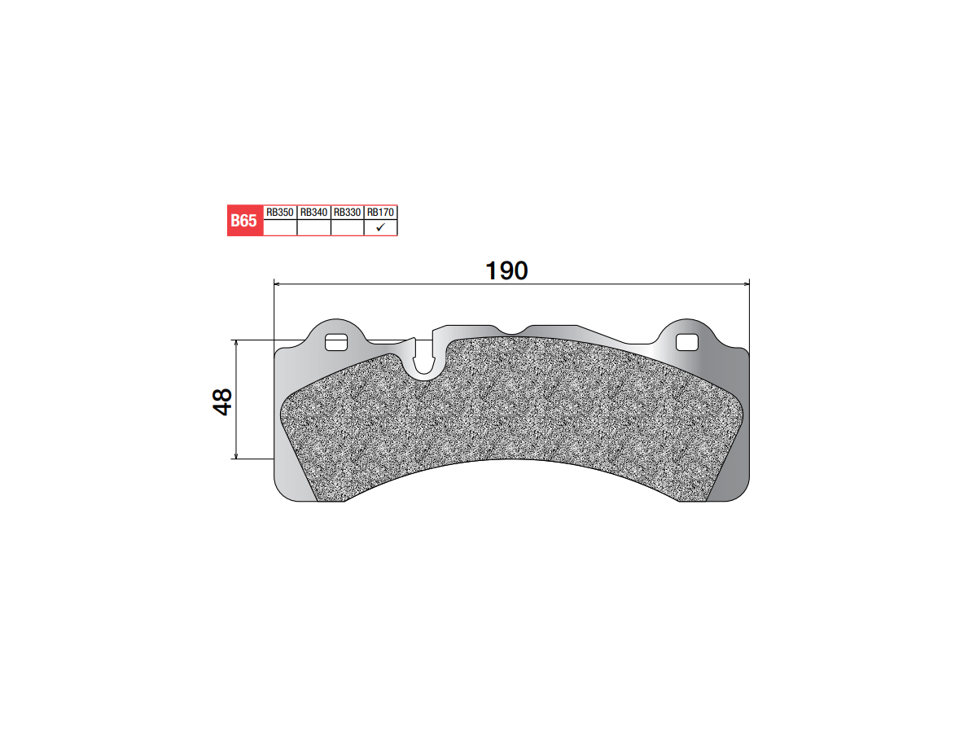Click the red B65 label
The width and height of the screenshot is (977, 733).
(x=245, y=220)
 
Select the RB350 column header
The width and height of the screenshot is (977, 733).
(x=280, y=213)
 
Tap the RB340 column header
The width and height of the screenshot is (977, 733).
(x=313, y=213)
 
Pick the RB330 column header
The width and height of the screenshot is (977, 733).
(x=347, y=213)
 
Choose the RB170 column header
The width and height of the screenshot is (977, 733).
(x=380, y=213)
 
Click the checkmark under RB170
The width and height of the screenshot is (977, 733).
(x=380, y=227)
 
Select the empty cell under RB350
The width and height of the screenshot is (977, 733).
(x=280, y=227)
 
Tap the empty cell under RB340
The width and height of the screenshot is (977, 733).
(x=313, y=227)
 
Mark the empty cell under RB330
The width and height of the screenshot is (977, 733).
(x=347, y=227)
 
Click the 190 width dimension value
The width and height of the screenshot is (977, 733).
(x=506, y=270)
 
